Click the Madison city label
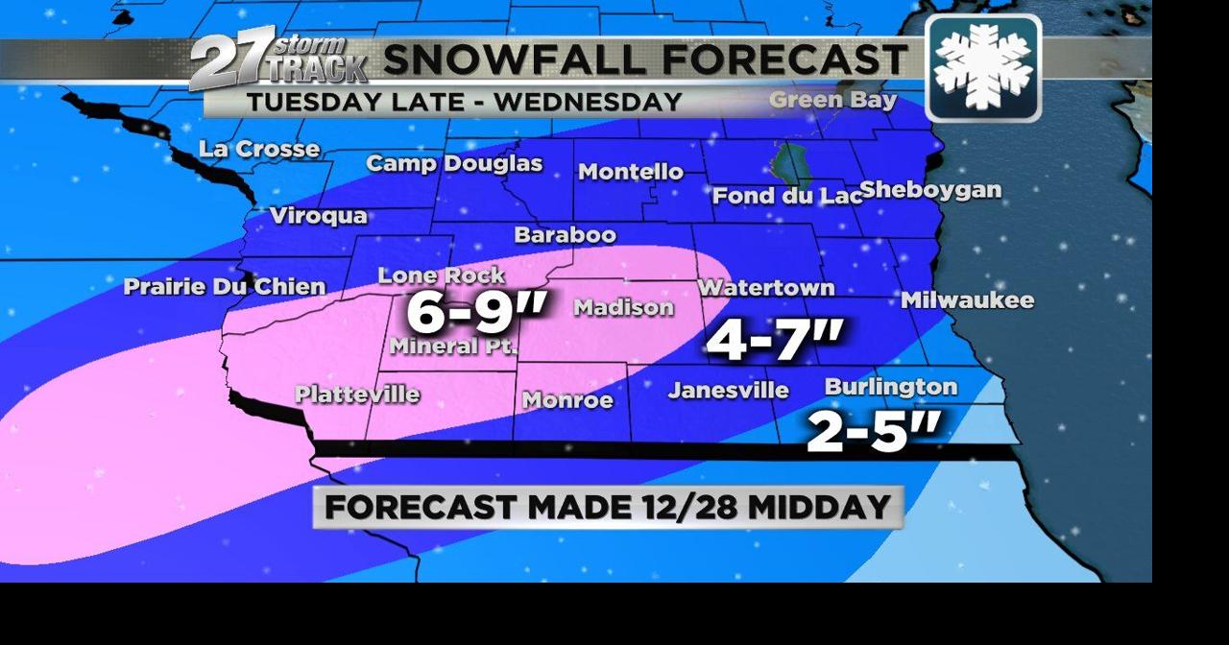click(x=623, y=307)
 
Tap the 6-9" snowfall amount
click(x=476, y=312)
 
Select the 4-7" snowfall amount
click(x=775, y=340)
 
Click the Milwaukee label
click(x=967, y=300)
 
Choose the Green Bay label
click(x=832, y=100)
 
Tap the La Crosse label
click(x=259, y=149)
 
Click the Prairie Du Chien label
click(x=225, y=286)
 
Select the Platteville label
click(x=357, y=394)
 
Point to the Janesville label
click(x=729, y=390)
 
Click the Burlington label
click(x=891, y=387)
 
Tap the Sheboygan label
click(x=930, y=190)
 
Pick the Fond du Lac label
click(x=786, y=196)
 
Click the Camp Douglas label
click(x=454, y=163)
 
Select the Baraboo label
click(x=565, y=234)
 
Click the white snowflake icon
click(x=983, y=67)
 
